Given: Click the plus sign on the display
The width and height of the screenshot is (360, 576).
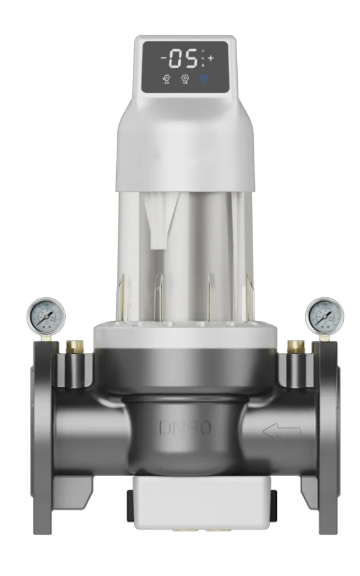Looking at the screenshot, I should point(210,58).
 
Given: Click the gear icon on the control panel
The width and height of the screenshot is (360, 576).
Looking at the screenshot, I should point(184,79).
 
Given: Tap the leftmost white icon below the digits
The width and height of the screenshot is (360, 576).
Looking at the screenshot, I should point(167,79).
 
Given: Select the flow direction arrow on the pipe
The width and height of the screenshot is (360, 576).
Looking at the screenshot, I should point(281,431).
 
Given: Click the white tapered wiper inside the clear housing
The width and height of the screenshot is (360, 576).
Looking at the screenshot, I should point(158,223).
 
